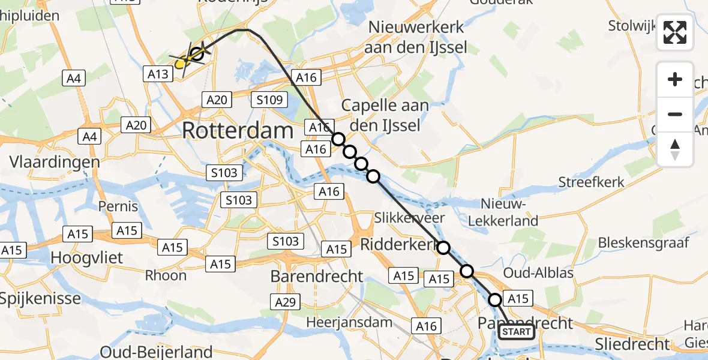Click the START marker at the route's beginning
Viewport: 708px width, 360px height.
516,332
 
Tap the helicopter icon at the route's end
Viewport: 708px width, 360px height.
191,58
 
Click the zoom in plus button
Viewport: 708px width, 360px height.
675,79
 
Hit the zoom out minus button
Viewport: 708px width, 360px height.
675,114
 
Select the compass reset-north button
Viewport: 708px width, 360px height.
675,149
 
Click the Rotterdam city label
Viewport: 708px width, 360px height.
238,130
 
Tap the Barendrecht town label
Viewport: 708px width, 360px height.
317,277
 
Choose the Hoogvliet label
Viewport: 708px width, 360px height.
87,258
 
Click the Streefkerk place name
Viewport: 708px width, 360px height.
592,182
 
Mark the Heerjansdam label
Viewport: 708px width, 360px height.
349,322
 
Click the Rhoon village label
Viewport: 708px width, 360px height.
166,275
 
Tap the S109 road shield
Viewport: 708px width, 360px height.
269,100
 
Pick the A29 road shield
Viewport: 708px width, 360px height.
286,302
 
